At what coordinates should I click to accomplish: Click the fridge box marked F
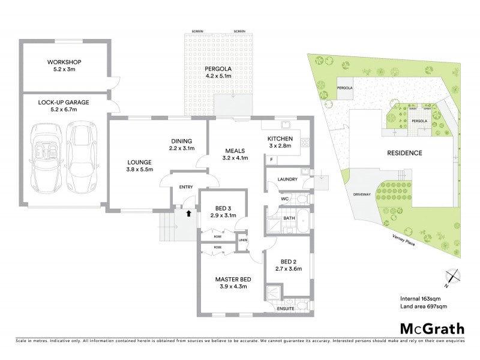pyautogui.click(x=271, y=160)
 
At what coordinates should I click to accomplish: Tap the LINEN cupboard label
pyautogui.click(x=242, y=241)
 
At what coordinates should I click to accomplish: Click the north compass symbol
pyautogui.click(x=454, y=277)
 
